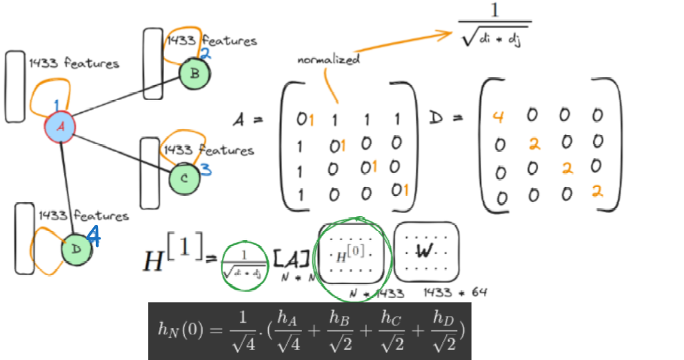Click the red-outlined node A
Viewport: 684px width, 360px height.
point(60,127)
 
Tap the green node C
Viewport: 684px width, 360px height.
point(184,178)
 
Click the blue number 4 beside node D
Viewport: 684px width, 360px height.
point(94,239)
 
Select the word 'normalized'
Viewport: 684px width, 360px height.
point(328,60)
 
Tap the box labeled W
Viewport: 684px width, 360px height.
point(425,251)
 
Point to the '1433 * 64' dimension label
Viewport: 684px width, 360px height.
point(455,292)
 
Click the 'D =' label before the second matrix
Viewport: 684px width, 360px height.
point(443,120)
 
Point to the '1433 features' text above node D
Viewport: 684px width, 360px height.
point(83,215)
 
